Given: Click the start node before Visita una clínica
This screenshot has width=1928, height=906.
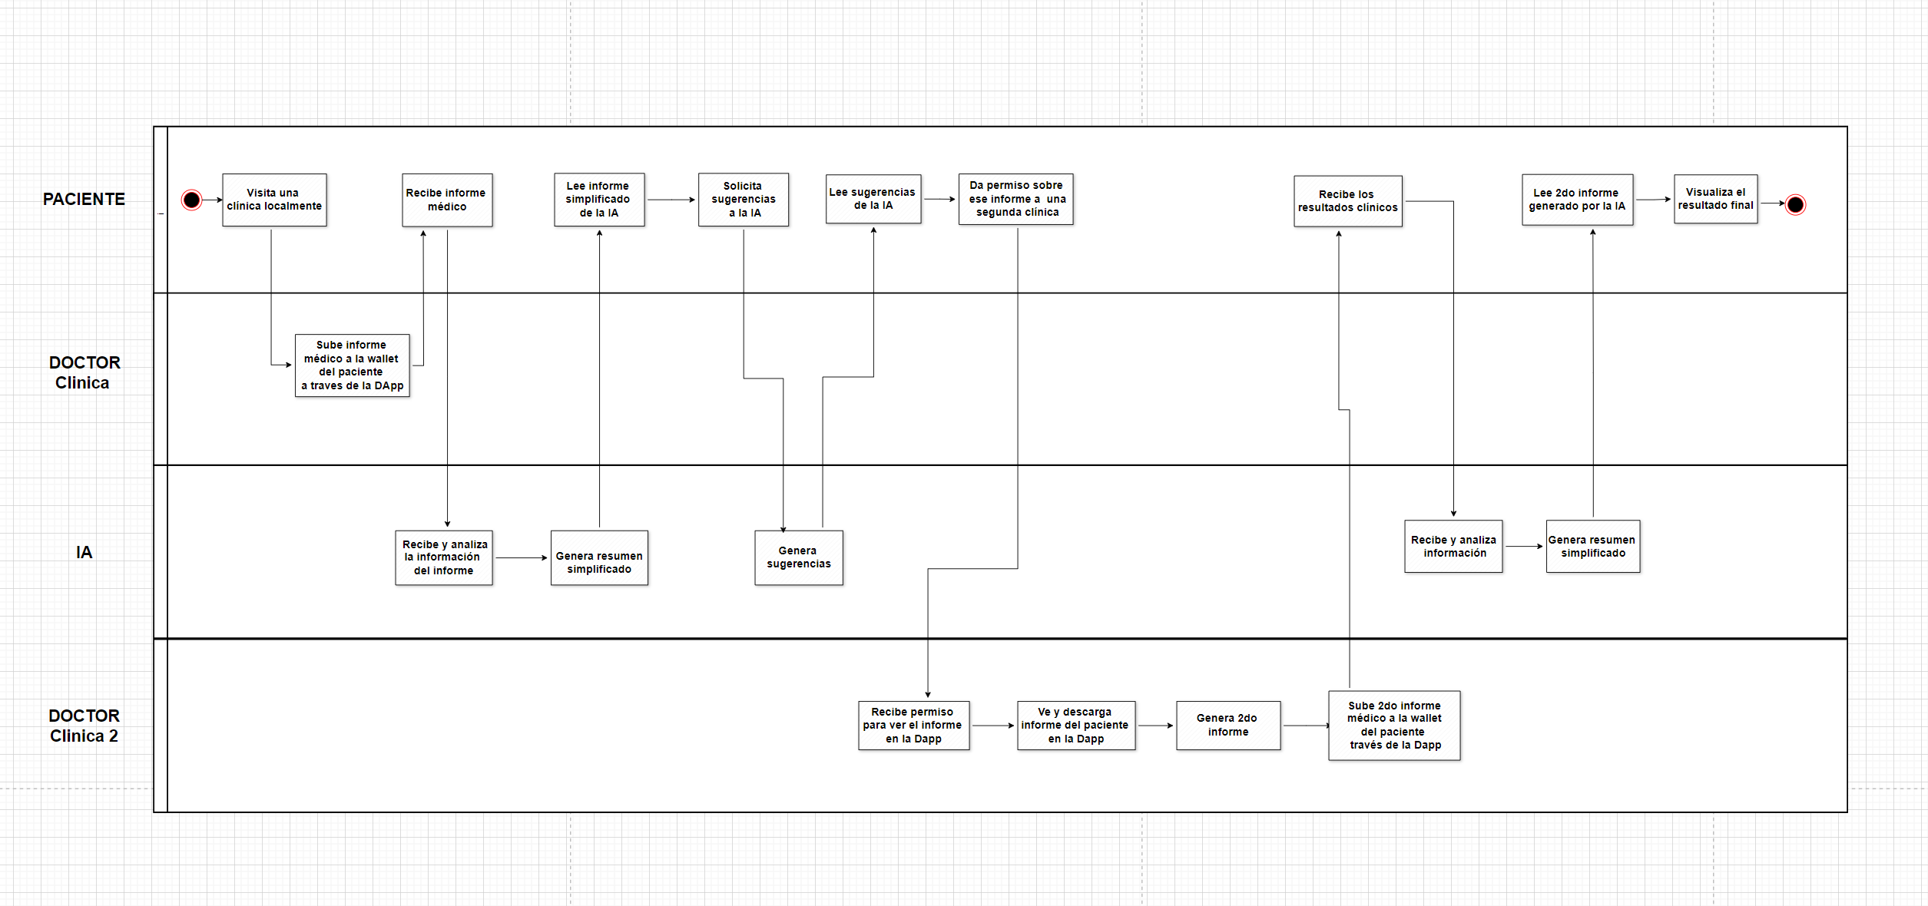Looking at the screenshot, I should coord(191,200).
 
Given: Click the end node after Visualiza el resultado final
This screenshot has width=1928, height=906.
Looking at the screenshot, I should coord(1795,205).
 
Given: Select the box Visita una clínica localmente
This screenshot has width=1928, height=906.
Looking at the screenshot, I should coord(274,200).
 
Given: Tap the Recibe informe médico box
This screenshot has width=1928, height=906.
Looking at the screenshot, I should coord(447,200).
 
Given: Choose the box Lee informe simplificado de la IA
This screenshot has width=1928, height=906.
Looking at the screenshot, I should coord(599,200).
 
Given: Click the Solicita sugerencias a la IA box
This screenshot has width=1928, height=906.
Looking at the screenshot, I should coord(744,200).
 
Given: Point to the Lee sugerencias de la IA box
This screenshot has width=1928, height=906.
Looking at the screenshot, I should coord(873,199).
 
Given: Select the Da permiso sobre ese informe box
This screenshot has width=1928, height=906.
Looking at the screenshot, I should coord(1016,199).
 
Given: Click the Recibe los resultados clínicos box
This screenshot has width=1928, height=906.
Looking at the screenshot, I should coord(1348,201).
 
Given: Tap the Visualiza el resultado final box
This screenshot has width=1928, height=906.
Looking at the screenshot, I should coord(1716,199).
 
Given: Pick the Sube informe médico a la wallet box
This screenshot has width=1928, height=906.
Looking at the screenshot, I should coord(353,365).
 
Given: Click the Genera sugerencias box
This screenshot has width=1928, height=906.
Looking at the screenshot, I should coord(799,557).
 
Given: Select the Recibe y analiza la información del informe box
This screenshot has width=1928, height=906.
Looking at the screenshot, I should coord(444,557).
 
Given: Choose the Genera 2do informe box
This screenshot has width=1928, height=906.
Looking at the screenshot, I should coord(1228,725).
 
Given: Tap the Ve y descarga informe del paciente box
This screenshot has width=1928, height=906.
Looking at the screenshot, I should coord(1076,725).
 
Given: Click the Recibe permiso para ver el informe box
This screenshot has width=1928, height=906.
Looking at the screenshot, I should coord(913,725).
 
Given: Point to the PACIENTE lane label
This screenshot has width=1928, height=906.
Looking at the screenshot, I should coord(84,200).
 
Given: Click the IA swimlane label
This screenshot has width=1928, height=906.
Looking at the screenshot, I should coord(84,553).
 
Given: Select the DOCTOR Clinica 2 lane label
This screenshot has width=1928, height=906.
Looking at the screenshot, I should coord(84,726).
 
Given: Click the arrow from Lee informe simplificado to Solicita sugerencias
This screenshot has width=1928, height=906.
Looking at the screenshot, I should coord(671,200).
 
